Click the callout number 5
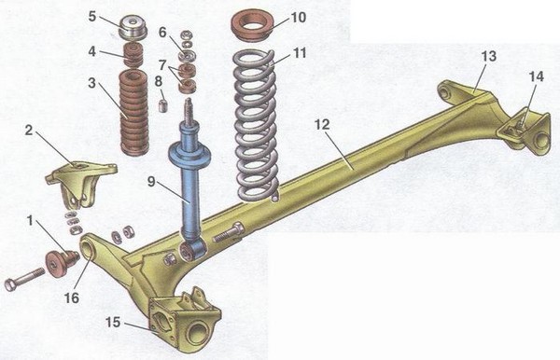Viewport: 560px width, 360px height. coord(92,16)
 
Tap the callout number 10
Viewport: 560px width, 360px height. coord(299,17)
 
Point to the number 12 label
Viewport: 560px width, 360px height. coord(322,125)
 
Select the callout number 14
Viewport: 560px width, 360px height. coord(536,76)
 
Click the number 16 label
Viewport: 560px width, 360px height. coord(72,298)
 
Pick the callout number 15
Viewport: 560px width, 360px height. coord(113,322)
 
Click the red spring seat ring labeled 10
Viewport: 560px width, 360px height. coord(253,25)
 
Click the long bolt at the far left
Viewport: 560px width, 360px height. coord(24,279)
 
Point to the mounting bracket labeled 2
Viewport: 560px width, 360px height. coord(80,184)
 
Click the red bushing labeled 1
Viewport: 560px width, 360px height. coord(61,263)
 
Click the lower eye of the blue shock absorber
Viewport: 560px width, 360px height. coord(191,251)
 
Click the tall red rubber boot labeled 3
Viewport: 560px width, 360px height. coord(133,113)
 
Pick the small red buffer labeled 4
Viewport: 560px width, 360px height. coord(133,56)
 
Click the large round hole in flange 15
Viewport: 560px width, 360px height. coord(197,332)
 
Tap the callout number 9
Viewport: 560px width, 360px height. coord(151,182)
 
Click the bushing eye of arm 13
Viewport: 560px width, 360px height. coord(445,92)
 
